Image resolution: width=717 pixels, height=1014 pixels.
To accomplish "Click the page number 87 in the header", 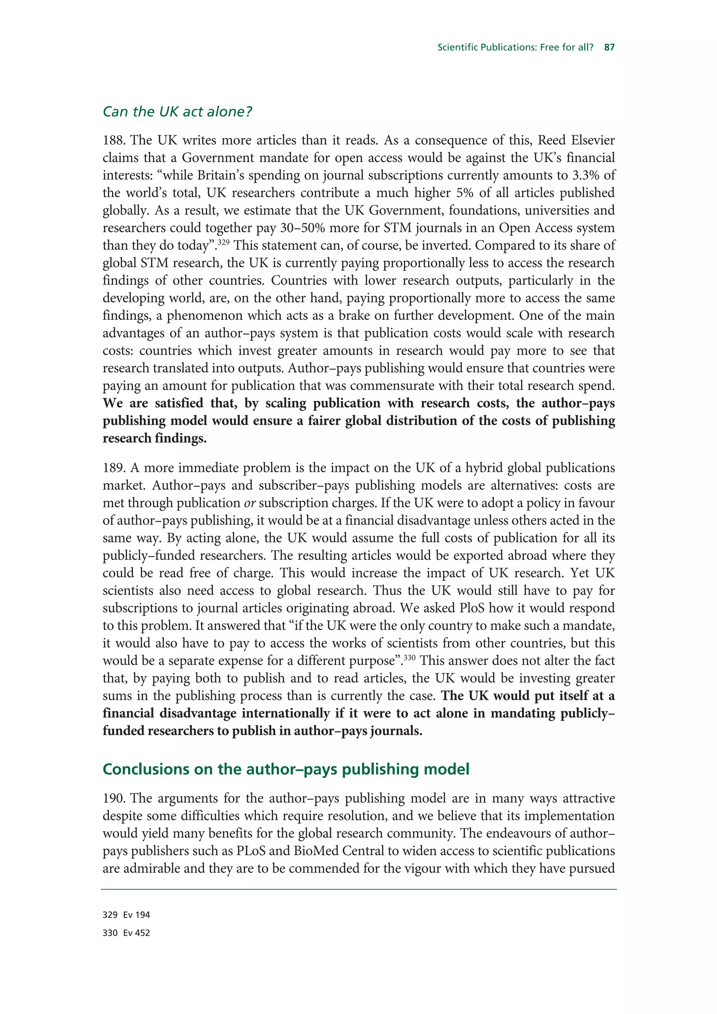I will pos(609,47).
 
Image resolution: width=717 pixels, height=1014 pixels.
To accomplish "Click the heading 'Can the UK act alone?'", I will pos(177,112).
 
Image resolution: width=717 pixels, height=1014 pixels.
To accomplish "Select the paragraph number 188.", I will pos(114,140).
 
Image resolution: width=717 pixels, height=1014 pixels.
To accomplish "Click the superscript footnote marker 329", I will pos(224,242).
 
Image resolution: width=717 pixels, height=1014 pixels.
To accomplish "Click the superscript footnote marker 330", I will pos(410,657).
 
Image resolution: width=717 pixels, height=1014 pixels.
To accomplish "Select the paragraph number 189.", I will pos(114,468).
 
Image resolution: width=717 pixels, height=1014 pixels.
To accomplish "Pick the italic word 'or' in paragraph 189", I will pos(250,503).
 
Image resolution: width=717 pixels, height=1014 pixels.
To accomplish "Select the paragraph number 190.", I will pos(114,798).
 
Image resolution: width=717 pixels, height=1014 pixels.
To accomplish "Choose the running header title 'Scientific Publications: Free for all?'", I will pos(515,47).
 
